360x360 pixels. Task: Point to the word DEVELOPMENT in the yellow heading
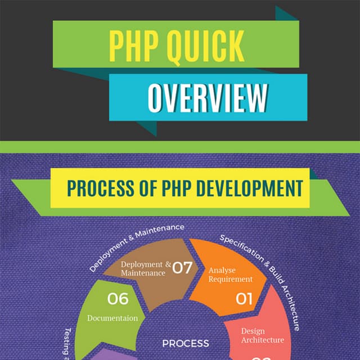pyautogui.click(x=249, y=188)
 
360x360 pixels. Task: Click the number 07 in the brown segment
pyautogui.click(x=182, y=268)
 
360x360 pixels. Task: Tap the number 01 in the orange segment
pyautogui.click(x=244, y=298)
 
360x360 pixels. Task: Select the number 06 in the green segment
pyautogui.click(x=118, y=298)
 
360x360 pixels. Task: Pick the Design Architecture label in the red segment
pyautogui.click(x=262, y=335)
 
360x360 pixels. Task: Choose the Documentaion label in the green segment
pyautogui.click(x=112, y=318)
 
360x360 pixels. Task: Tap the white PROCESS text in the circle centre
pyautogui.click(x=186, y=343)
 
